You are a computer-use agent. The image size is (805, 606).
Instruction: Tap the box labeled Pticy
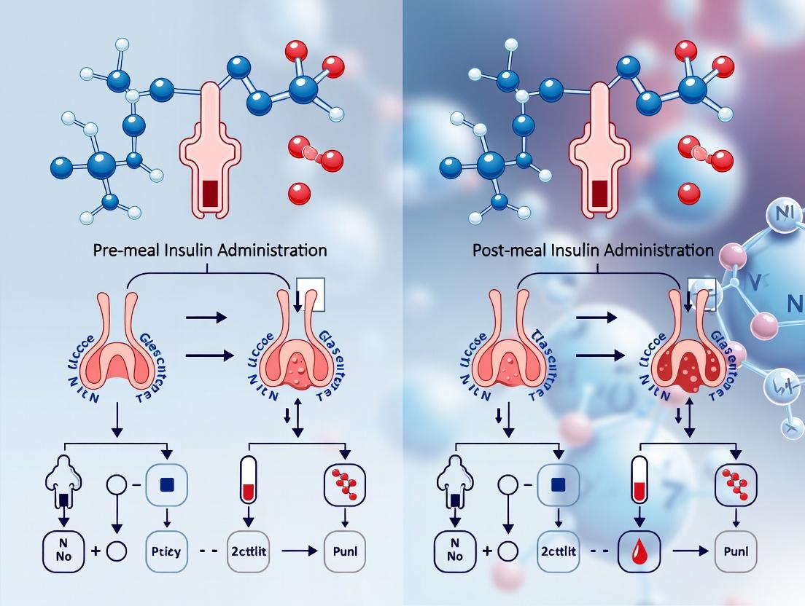168,551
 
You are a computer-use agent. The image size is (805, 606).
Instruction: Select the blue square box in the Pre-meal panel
168,483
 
